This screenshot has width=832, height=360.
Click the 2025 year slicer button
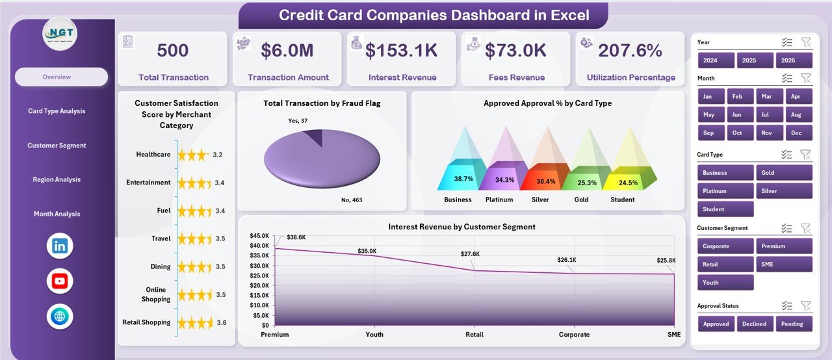pos(755,60)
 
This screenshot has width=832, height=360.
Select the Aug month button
pos(799,114)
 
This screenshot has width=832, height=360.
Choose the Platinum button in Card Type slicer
pos(725,191)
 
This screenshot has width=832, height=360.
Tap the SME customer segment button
pos(784,264)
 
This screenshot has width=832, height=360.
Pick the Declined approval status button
pos(755,324)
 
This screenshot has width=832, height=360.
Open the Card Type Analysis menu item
pos(57,111)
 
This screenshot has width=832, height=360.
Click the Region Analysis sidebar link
pos(57,180)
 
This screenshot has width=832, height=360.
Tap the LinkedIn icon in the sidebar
pos(60,246)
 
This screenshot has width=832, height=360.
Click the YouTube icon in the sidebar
pos(60,281)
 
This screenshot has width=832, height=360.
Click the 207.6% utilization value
pos(630,51)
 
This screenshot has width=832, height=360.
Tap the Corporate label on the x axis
pos(574,335)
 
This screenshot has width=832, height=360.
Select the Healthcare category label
pos(153,155)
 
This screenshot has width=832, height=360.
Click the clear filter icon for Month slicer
pos(805,78)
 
